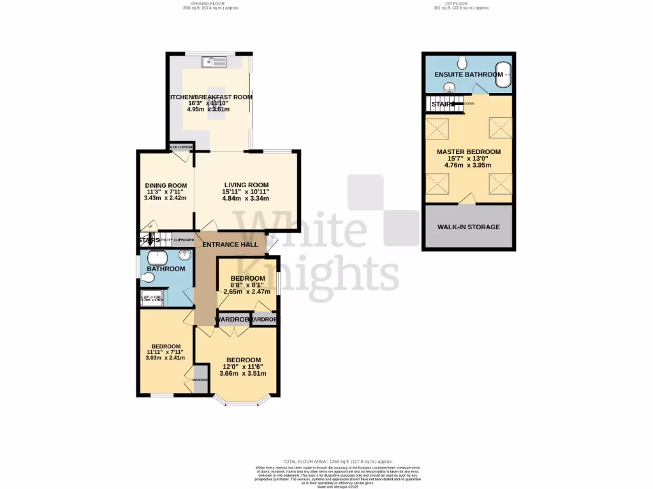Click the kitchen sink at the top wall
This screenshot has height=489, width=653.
215,62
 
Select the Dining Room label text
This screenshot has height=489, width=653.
165,186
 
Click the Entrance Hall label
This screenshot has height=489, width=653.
230,244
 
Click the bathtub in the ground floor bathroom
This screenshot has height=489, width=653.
158,257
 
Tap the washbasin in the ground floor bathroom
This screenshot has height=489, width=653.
185,256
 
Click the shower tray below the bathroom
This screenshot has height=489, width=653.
152,296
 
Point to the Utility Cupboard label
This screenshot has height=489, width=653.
177,239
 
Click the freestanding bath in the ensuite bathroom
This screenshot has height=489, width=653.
503,74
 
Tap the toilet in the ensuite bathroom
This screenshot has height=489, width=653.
462,62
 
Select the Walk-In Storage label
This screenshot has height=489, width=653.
468,227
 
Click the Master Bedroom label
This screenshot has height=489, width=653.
468,152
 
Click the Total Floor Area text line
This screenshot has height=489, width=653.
337,461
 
